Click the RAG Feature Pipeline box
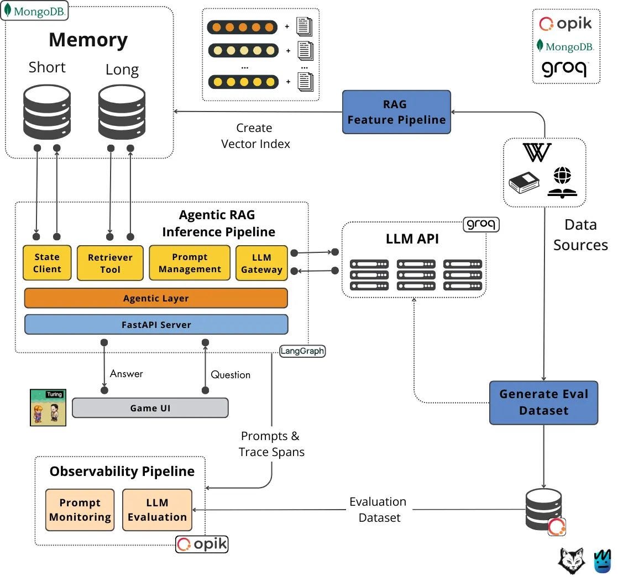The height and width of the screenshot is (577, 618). tap(396, 112)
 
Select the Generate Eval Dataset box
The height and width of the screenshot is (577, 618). tap(543, 403)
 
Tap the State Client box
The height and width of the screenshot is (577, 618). tap(47, 263)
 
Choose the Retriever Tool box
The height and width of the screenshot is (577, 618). tap(110, 263)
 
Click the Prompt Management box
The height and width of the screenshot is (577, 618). tap(190, 263)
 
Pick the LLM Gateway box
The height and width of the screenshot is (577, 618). tap(261, 263)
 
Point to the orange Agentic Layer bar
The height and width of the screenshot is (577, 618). tap(156, 298)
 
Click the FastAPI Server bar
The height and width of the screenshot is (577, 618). tap(156, 325)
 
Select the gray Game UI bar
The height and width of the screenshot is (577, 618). tap(150, 408)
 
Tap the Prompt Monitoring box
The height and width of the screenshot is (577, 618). tap(80, 510)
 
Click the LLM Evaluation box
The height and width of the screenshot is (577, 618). tap(158, 510)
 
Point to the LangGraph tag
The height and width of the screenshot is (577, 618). tap(302, 351)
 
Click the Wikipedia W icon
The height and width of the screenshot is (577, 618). tap(537, 153)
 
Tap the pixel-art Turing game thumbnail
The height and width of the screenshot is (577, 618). tap(48, 407)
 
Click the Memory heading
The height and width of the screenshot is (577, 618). tap(88, 40)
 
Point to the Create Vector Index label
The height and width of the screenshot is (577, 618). tap(255, 136)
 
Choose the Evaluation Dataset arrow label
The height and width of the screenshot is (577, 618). tap(378, 509)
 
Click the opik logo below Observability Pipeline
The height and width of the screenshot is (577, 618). tap(202, 544)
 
